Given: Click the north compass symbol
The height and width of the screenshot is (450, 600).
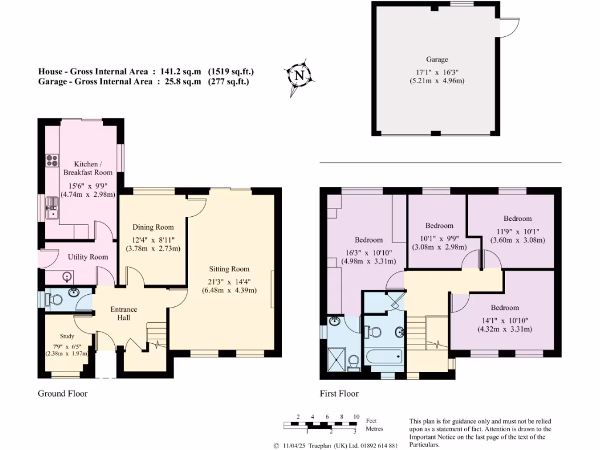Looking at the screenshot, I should point(299,76).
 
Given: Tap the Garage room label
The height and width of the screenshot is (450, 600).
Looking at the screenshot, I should point(437,59).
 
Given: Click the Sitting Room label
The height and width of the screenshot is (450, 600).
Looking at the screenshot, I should point(229,269).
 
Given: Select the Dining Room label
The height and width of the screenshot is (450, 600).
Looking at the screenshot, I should point(152,227).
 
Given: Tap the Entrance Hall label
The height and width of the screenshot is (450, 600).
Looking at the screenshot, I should point(124,313).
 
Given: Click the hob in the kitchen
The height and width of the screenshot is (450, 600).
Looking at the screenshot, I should point(51,160).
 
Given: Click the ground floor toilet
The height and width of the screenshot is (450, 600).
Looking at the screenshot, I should point(54,299).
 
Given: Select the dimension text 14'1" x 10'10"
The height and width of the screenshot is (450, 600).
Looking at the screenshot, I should point(504,319).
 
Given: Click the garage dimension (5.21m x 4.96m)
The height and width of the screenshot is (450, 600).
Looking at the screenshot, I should point(437,80).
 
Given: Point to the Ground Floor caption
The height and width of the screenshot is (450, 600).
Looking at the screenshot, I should point(63,393).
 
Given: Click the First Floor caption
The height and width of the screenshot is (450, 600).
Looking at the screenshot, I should point(339,393).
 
